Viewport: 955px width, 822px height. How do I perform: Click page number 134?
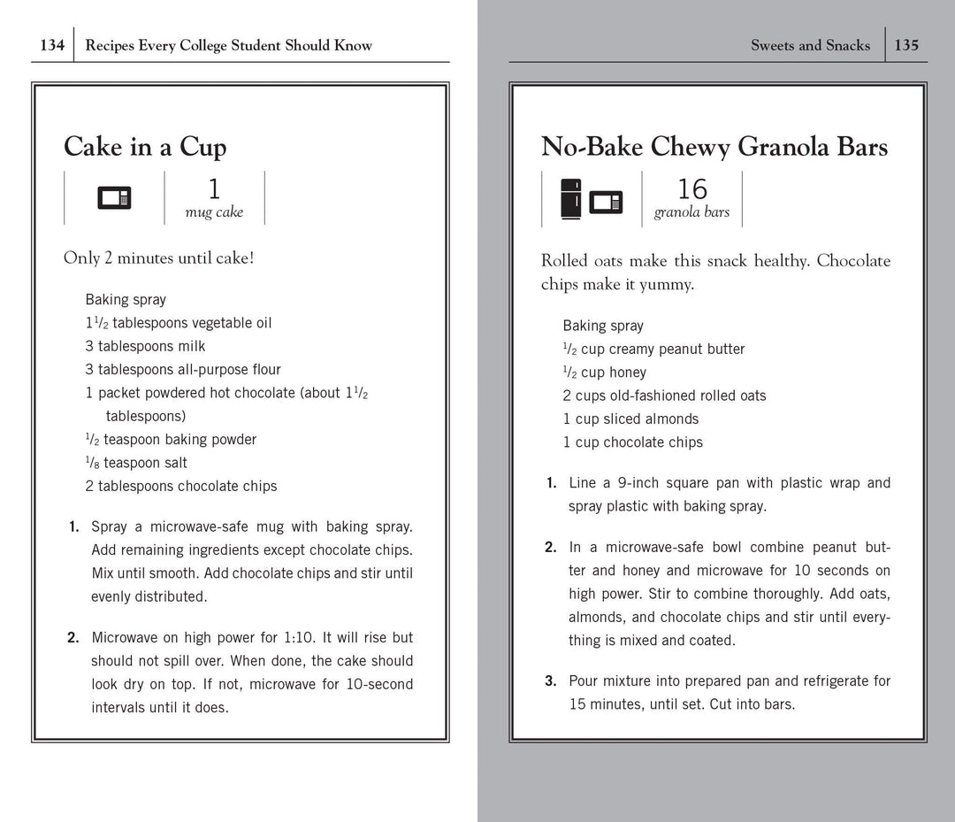click(x=52, y=45)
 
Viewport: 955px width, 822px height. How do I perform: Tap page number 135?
click(x=906, y=45)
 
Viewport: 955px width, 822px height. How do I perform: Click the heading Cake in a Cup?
click(x=145, y=147)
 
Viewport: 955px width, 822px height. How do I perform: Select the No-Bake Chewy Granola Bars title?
click(x=714, y=147)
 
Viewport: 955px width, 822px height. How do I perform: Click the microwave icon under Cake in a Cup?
click(x=114, y=198)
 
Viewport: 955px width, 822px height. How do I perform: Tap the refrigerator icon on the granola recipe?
click(x=571, y=198)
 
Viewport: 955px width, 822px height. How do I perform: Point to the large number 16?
click(x=691, y=189)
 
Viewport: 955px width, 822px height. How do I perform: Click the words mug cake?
click(x=214, y=212)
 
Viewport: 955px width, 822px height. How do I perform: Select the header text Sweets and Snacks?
click(x=810, y=45)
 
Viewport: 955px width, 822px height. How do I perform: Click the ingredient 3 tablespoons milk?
click(x=145, y=346)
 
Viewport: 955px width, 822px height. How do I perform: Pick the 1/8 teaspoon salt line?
click(x=136, y=463)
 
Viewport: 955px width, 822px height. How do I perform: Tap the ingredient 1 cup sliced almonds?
click(x=630, y=419)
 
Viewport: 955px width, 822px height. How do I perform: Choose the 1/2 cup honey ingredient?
click(x=605, y=373)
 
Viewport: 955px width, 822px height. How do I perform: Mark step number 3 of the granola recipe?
click(x=550, y=681)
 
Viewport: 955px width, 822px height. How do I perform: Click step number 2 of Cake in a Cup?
click(x=73, y=638)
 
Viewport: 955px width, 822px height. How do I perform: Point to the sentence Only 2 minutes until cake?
click(x=158, y=258)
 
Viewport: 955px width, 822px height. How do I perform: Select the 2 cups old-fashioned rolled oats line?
click(x=664, y=396)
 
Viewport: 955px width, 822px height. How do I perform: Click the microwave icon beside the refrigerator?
click(x=606, y=202)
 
